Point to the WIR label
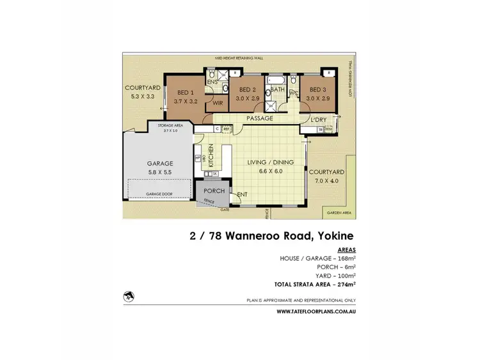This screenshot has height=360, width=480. [x=218, y=104]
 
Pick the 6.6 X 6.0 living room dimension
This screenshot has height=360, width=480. [x=271, y=171]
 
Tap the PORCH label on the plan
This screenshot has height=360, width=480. [x=214, y=191]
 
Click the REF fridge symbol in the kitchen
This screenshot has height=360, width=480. [x=227, y=129]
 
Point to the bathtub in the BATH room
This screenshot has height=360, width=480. [x=277, y=82]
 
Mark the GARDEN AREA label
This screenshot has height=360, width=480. [x=337, y=212]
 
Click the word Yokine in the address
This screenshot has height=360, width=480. [x=331, y=235]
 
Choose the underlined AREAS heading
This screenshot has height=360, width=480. [x=346, y=250]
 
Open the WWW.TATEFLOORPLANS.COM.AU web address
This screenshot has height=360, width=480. [x=317, y=311]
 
